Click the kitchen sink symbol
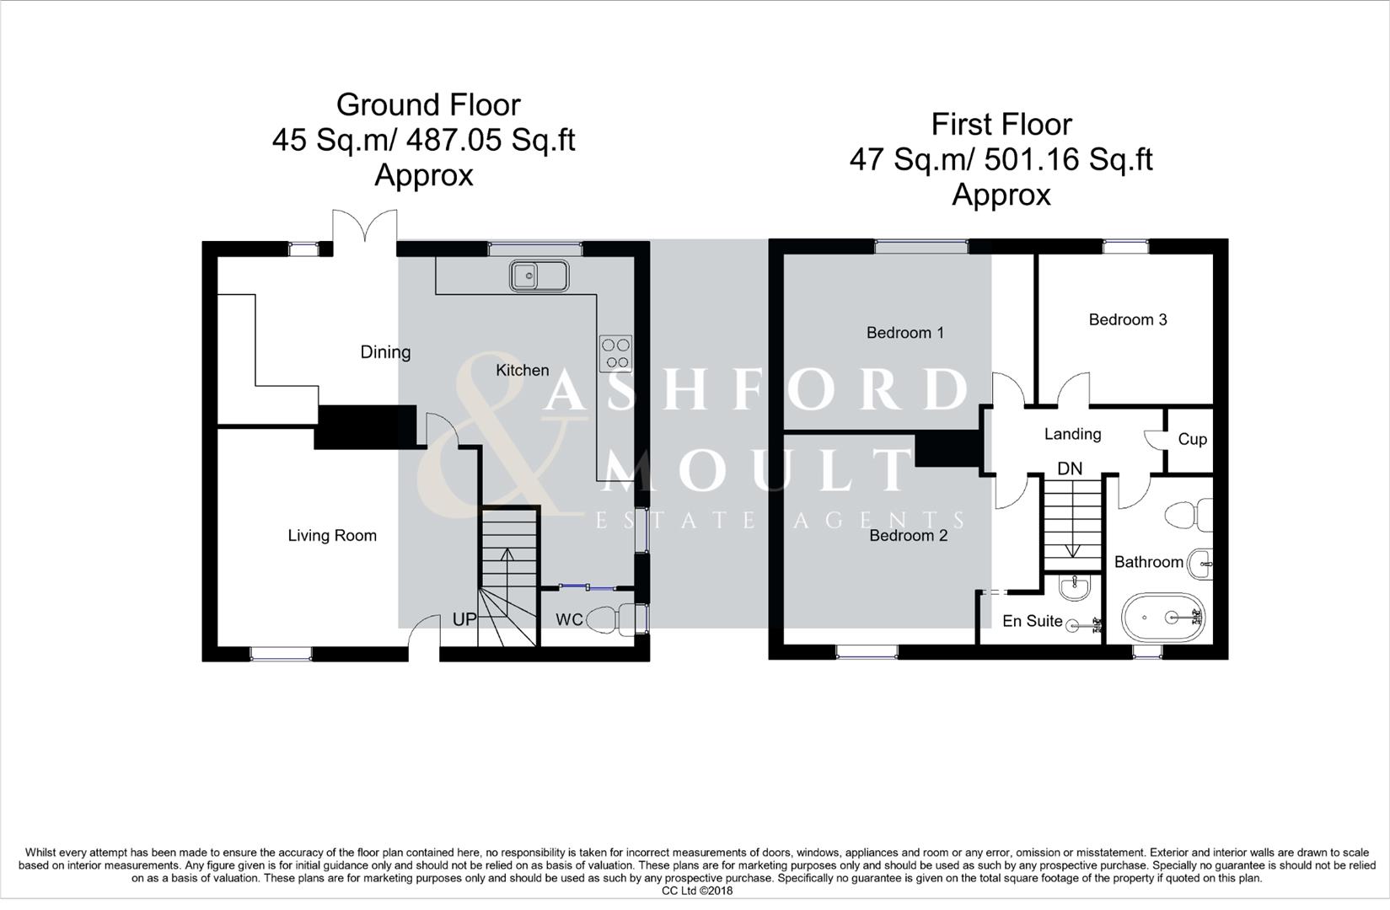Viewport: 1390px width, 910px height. click(539, 276)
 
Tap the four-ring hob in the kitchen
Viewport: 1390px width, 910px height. click(615, 354)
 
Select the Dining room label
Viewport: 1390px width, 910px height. click(385, 352)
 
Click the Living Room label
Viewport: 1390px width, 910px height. click(332, 536)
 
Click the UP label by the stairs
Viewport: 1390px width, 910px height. click(464, 619)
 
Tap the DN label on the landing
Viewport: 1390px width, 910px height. click(1070, 468)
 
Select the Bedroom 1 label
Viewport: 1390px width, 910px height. click(905, 333)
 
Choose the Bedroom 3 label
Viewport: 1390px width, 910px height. click(1128, 319)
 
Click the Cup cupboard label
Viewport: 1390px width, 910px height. click(1192, 439)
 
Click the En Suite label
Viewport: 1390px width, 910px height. click(1032, 621)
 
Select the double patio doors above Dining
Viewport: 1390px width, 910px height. click(364, 231)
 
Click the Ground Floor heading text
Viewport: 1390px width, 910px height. click(428, 104)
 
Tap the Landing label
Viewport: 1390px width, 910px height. click(1072, 434)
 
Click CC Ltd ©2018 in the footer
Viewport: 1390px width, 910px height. click(697, 891)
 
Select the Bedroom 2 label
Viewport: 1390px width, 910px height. click(909, 536)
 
